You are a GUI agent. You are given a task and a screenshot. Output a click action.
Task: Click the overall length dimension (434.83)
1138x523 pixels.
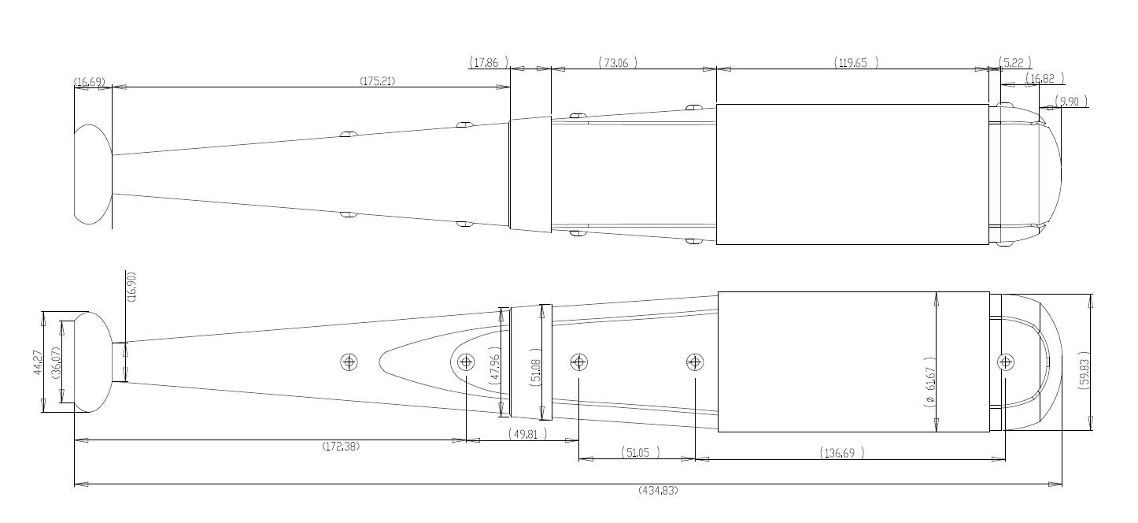coord(658,491)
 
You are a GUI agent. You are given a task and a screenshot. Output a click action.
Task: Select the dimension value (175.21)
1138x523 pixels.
coord(378,81)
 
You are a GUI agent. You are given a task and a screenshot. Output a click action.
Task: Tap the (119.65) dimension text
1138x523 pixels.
coord(856,63)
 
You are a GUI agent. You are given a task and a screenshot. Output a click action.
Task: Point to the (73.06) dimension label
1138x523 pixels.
coord(618,63)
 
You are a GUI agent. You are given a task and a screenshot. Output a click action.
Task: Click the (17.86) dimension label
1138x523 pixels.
coord(489,63)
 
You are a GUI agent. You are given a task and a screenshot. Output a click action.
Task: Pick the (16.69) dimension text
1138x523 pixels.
coord(90,82)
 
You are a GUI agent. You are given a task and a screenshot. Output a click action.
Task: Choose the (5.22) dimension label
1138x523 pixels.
coord(1015,63)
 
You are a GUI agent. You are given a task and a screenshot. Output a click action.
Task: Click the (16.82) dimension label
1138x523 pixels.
coord(1045,79)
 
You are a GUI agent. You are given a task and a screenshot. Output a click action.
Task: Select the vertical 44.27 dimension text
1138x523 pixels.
coord(38,362)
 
